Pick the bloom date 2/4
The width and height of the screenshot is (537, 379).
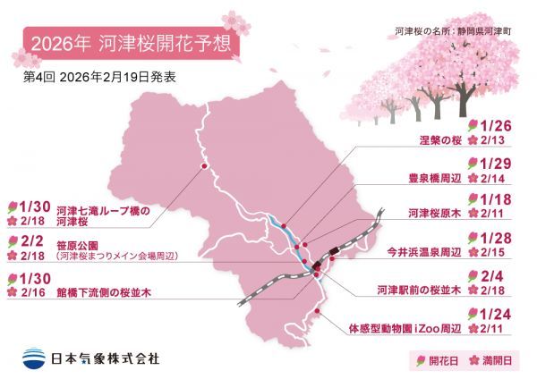(x=492, y=275)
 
